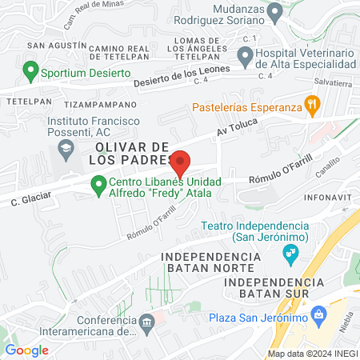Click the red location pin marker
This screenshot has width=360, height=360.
coord(182,163)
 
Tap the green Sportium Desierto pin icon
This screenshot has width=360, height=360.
coord(31,72)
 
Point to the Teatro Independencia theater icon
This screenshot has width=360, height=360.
coord(291,255)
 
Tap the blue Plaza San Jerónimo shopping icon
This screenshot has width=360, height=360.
coord(319,317)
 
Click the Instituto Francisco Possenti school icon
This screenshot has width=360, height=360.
coord(63,149)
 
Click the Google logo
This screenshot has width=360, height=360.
coord(26,350)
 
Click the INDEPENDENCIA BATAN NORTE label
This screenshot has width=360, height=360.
coord(210,262)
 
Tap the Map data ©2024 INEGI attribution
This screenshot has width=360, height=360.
coord(310,354)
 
